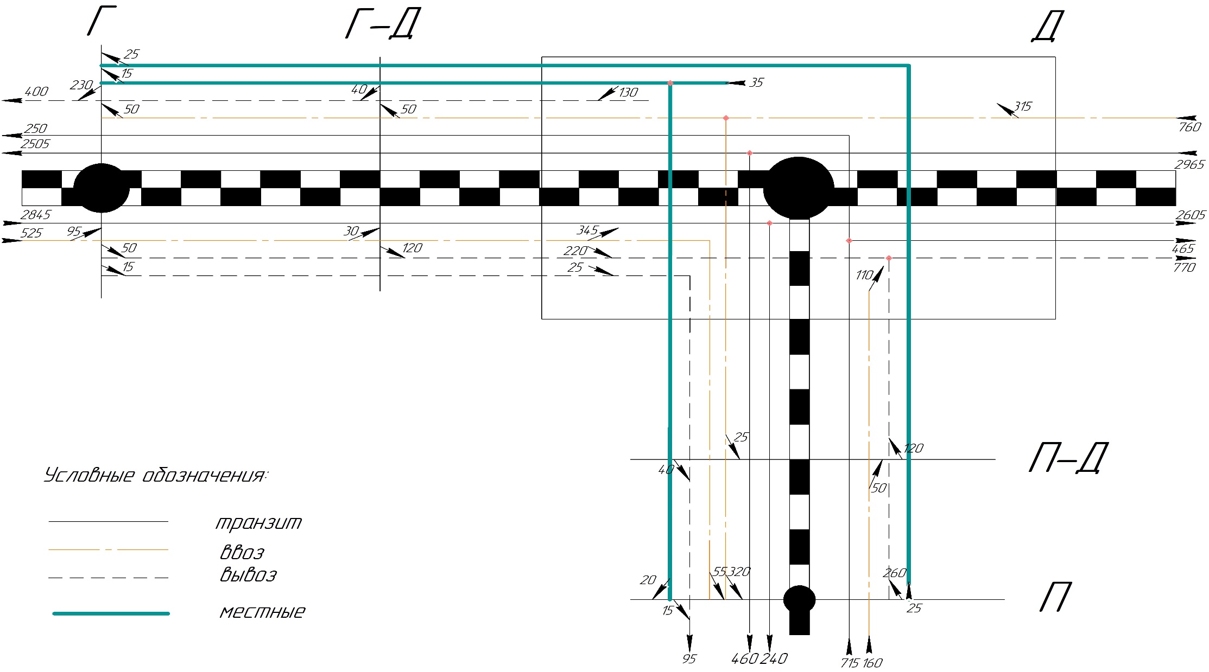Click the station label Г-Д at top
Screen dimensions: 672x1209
[383, 25]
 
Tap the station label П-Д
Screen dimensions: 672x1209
[1067, 458]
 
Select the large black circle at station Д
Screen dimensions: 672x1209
[799, 188]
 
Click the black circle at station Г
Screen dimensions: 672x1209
[102, 188]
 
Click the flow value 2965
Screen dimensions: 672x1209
[1189, 164]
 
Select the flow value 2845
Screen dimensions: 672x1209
[35, 215]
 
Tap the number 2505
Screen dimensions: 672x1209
[35, 144]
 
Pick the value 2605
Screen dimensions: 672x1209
[1190, 215]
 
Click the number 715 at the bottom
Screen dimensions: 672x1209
[850, 663]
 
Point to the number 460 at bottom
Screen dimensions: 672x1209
[744, 659]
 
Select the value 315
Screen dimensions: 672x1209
[1022, 106]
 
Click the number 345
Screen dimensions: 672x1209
[587, 231]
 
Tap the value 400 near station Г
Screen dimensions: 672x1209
[36, 92]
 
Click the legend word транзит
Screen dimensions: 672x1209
[258, 523]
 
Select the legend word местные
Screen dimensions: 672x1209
[262, 612]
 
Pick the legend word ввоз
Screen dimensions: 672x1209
[242, 553]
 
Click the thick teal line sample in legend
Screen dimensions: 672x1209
[111, 613]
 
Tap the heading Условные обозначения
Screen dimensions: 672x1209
[155, 476]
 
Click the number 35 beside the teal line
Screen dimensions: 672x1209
[756, 82]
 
